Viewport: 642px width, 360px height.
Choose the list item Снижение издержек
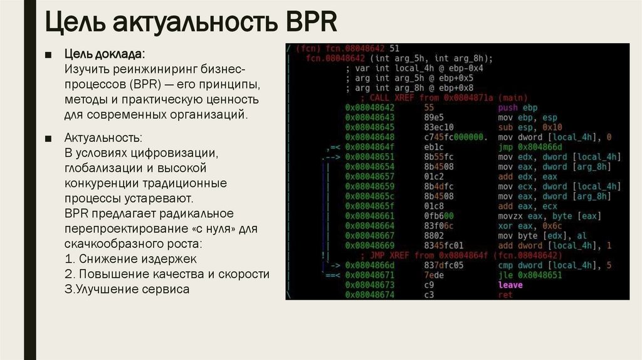pyautogui.click(x=136, y=258)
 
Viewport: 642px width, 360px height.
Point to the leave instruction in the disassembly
pyautogui.click(x=510, y=285)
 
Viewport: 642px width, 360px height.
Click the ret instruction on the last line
pyautogui.click(x=505, y=295)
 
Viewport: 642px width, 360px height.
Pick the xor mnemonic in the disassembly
pyautogui.click(x=505, y=226)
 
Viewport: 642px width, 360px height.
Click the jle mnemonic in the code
pyautogui.click(x=505, y=275)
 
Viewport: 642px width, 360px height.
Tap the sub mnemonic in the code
pyautogui.click(x=505, y=127)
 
